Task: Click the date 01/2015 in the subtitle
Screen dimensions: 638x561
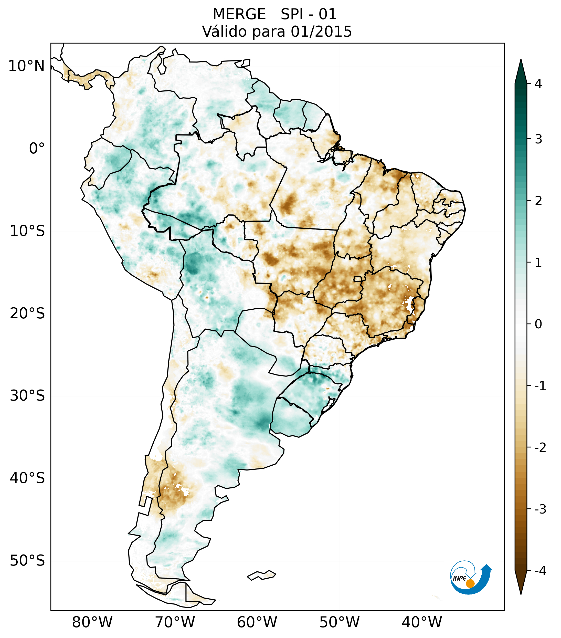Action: (x=321, y=32)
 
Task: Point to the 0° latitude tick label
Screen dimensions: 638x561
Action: (x=37, y=148)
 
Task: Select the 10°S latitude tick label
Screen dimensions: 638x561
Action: (x=27, y=231)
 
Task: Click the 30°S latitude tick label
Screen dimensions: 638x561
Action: (x=27, y=396)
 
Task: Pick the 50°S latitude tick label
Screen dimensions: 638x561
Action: (x=27, y=561)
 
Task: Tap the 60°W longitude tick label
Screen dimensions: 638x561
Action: (x=257, y=622)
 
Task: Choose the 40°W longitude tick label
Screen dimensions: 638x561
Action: (x=422, y=622)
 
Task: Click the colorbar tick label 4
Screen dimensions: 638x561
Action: (x=538, y=84)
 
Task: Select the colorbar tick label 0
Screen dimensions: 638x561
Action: (x=538, y=324)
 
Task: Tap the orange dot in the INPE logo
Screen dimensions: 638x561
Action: (x=470, y=583)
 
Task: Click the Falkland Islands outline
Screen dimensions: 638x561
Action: (x=261, y=575)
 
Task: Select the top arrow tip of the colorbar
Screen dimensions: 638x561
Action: (x=521, y=60)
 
